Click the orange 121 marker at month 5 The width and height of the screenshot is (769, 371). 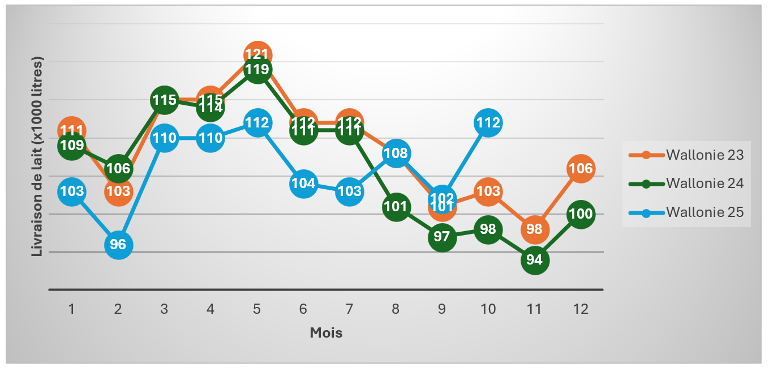point(257,55)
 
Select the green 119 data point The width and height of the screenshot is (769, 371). point(257,70)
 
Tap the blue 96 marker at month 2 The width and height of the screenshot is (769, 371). point(118,245)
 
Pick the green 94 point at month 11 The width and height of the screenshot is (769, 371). point(534,260)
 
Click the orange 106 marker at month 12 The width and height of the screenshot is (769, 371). point(581,168)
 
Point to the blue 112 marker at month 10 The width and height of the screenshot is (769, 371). point(488,123)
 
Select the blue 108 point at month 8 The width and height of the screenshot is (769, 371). point(396,153)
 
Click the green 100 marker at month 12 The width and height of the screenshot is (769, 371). point(581,214)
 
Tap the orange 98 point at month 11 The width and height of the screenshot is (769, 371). point(534,229)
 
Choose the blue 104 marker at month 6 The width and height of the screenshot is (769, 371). point(303,184)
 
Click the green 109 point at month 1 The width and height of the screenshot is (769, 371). point(72,146)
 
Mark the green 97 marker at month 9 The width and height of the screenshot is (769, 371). point(442,237)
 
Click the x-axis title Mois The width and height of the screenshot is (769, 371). point(326,332)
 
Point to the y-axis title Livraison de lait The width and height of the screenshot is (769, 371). point(37,156)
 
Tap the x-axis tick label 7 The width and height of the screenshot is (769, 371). point(349,309)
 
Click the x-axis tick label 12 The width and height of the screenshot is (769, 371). point(581,309)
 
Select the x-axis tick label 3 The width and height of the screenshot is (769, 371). point(164,309)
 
